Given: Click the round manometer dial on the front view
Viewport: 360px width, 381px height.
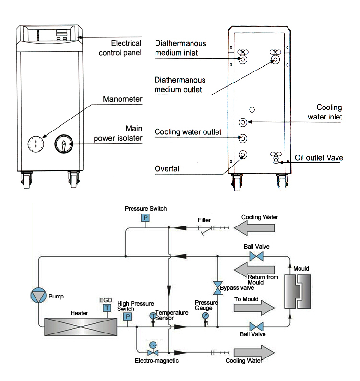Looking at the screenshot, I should click(x=36, y=143).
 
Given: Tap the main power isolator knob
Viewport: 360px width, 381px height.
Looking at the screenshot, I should click(x=64, y=143).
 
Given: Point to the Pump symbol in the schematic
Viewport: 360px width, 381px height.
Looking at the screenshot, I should click(x=38, y=296).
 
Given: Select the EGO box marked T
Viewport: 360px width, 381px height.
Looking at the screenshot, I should click(x=107, y=308).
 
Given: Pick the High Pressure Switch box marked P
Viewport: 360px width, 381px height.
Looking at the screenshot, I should click(x=128, y=317).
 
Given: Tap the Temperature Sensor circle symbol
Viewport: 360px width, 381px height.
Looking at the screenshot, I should click(x=153, y=315).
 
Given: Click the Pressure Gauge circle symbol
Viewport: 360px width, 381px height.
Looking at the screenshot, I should click(x=205, y=316).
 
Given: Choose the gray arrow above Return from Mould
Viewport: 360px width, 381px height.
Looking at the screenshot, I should click(x=254, y=266).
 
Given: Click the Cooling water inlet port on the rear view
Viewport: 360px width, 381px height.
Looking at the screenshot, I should click(x=243, y=122).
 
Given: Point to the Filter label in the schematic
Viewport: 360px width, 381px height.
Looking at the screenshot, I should click(x=204, y=220).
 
